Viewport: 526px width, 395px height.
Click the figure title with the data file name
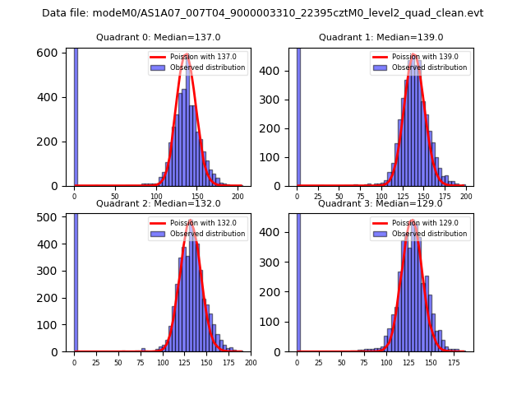pos(262,13)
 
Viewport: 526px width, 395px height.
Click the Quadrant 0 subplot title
pos(159,37)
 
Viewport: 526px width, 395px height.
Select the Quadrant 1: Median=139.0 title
pos(381,37)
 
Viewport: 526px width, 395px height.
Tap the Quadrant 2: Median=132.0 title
pos(159,203)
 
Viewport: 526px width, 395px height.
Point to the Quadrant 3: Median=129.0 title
pos(381,203)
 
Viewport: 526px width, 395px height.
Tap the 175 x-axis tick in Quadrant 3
pos(453,362)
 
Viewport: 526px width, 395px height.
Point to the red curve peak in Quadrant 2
pos(191,221)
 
